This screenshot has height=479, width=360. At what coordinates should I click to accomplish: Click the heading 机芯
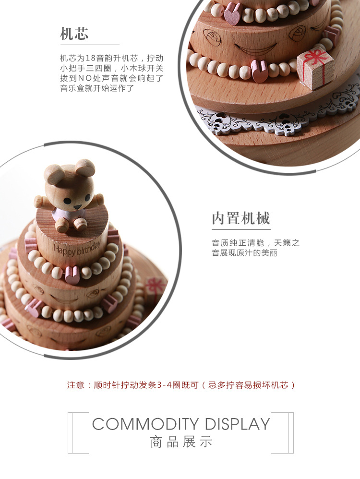coord(74,34)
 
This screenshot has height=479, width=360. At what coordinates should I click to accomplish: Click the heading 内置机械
coord(241,218)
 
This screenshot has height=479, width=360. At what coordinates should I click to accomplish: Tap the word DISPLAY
coord(237,424)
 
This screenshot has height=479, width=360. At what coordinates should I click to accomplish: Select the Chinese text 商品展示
coord(180,442)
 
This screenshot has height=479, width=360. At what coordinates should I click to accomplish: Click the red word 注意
coord(75,385)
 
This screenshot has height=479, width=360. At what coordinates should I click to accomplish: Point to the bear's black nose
coord(77,207)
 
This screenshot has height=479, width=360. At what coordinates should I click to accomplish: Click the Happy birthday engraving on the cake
coord(77,248)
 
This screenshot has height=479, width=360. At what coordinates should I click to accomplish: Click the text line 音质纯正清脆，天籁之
coord(255,243)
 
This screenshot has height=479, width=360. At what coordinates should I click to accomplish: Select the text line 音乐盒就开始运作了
coord(96,88)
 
